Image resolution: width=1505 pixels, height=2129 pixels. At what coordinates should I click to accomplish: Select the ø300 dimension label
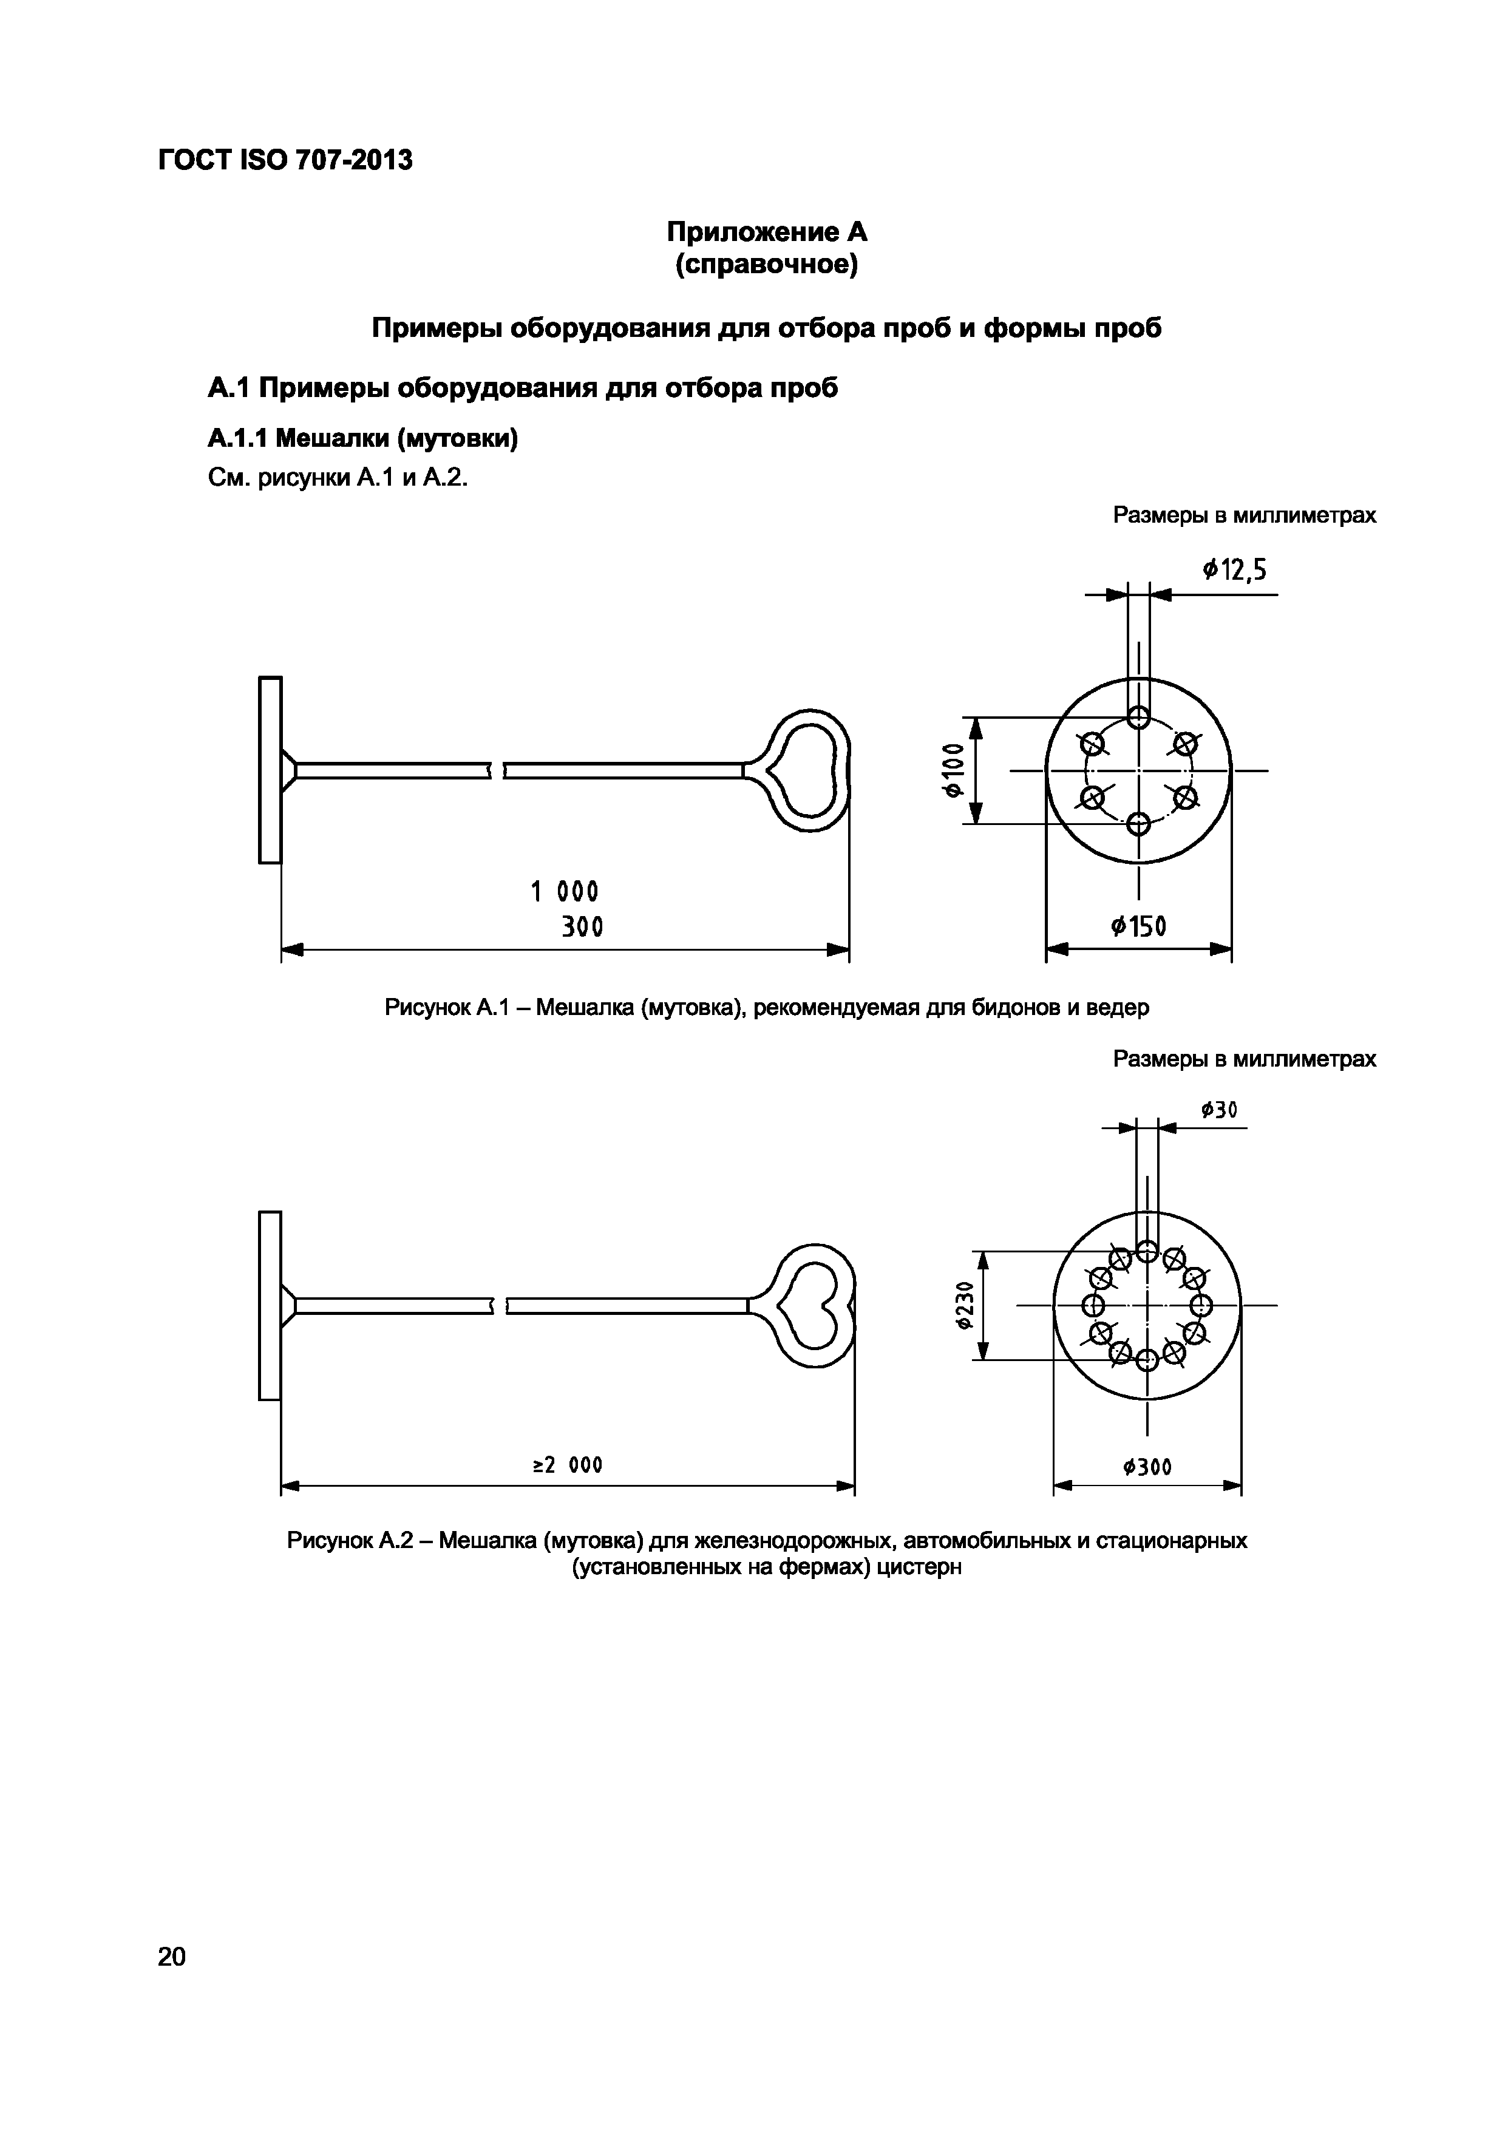point(1146,1467)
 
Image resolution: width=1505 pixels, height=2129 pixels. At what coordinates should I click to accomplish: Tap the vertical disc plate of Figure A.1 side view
point(270,770)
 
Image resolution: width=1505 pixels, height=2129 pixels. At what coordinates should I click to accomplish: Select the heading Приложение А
point(766,231)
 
